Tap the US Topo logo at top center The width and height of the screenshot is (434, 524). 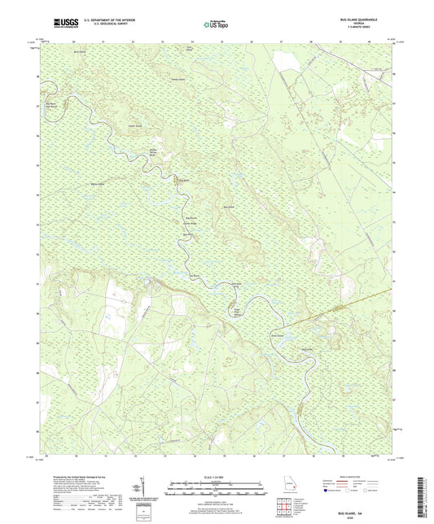[212, 25]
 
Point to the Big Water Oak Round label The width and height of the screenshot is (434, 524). [52, 105]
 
